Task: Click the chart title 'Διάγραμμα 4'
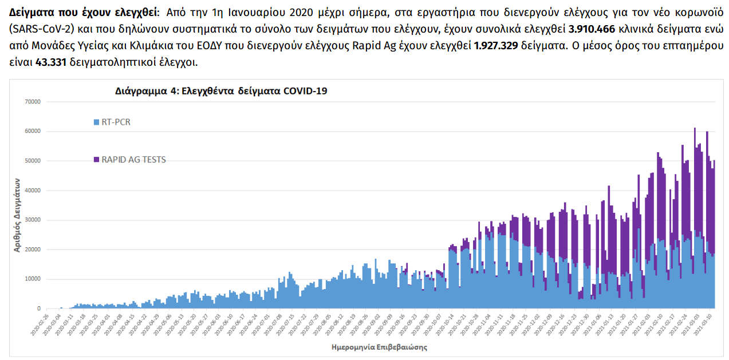(221, 91)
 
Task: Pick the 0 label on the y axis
(38, 309)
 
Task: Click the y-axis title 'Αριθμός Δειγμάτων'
(17, 215)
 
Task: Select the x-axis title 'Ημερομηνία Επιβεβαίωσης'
(379, 347)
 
